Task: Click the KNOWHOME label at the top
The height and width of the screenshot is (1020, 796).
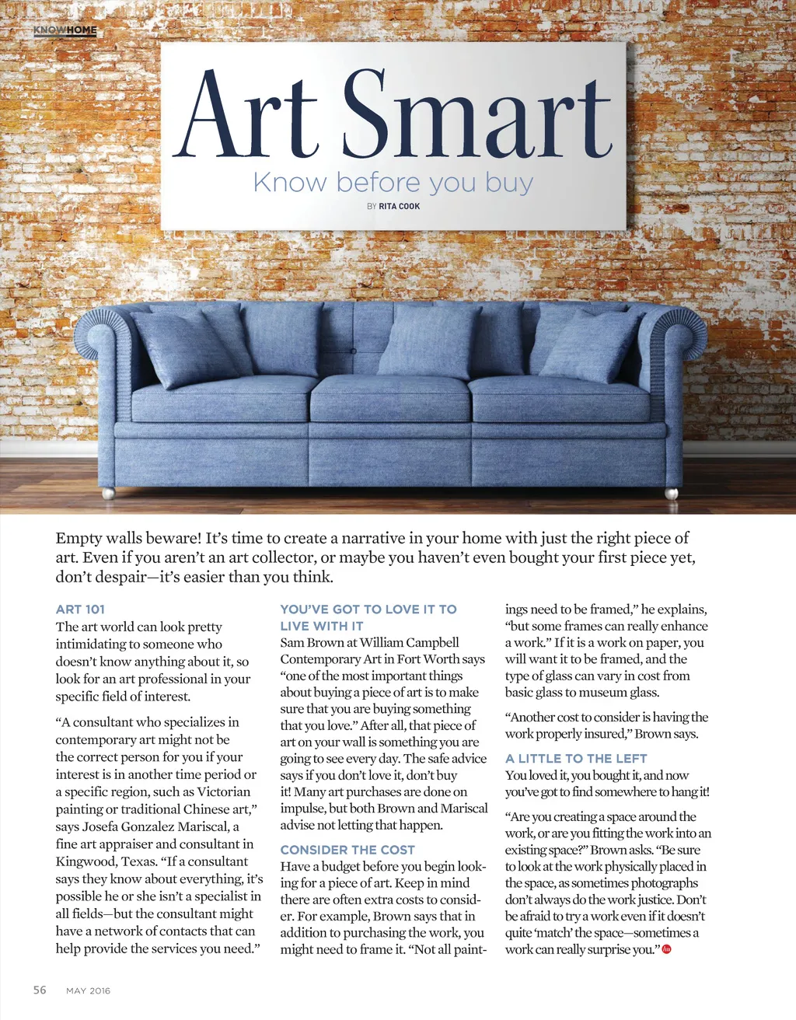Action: tap(65, 30)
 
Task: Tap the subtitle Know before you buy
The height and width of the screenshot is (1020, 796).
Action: tap(393, 183)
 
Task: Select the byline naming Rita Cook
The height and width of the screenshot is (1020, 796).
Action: tap(393, 206)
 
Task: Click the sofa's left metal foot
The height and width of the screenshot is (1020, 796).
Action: tap(109, 493)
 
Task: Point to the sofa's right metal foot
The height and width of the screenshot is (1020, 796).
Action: tap(671, 493)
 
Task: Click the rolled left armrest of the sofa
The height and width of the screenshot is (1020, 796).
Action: tap(103, 342)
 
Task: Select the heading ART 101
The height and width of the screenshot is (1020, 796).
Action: tap(80, 610)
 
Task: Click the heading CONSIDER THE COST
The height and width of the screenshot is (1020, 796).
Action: tap(347, 850)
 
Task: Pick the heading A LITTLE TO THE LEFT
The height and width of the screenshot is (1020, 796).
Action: tap(576, 758)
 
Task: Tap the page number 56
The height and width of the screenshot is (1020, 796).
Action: tap(40, 990)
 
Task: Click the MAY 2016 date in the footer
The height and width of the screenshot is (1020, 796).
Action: tap(88, 990)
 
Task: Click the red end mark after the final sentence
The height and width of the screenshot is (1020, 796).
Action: tap(666, 948)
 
